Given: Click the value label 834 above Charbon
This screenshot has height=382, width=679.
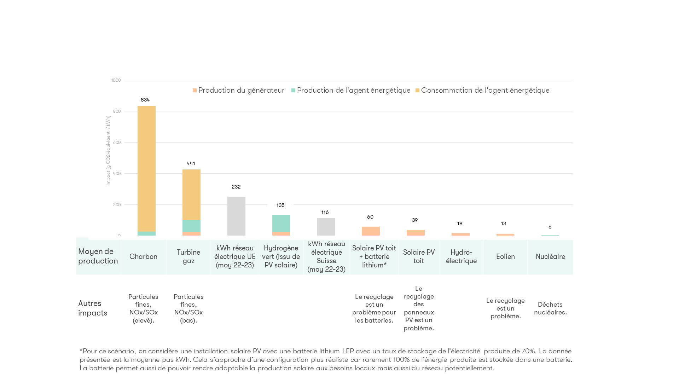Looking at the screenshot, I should [145, 100].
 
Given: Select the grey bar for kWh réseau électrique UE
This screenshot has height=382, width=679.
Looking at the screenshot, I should [236, 216].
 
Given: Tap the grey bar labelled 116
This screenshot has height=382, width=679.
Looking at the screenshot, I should [326, 227].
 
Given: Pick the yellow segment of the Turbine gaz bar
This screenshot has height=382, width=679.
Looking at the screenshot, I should [191, 195].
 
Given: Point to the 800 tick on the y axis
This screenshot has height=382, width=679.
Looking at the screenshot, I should [117, 111].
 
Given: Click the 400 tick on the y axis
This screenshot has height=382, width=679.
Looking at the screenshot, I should [117, 174].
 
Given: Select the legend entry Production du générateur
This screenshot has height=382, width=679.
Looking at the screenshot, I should [238, 91].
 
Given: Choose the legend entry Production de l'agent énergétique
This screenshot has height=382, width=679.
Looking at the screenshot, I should [351, 91].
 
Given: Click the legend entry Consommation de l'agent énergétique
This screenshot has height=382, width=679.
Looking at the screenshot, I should [482, 91].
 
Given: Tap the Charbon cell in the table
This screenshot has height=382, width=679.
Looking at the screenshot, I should [143, 257].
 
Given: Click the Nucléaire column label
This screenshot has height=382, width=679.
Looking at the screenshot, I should [550, 257].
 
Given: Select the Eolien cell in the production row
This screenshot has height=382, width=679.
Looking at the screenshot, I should [505, 257].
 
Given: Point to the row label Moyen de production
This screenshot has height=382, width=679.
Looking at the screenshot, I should [98, 256].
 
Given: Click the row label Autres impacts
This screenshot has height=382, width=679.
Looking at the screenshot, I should [92, 308].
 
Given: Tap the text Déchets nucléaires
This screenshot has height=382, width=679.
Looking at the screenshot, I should [550, 308].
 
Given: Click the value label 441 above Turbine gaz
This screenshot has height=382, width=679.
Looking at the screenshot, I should [191, 163].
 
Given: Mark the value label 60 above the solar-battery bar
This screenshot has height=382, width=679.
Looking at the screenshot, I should [370, 217].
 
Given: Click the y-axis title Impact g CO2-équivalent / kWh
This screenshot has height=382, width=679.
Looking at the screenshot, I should [108, 150].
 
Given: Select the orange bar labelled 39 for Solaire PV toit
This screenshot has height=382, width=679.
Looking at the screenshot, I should [416, 233].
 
